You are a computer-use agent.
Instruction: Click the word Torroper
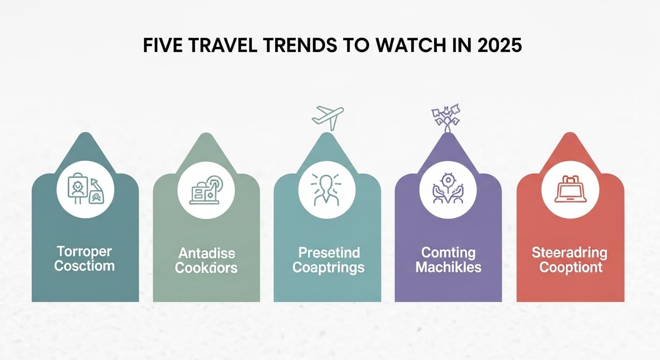[84, 252]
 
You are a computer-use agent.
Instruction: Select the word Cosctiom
[84, 266]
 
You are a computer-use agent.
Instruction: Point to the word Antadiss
[206, 254]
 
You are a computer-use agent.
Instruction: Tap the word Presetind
[329, 254]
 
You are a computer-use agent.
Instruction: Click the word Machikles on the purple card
[448, 268]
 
